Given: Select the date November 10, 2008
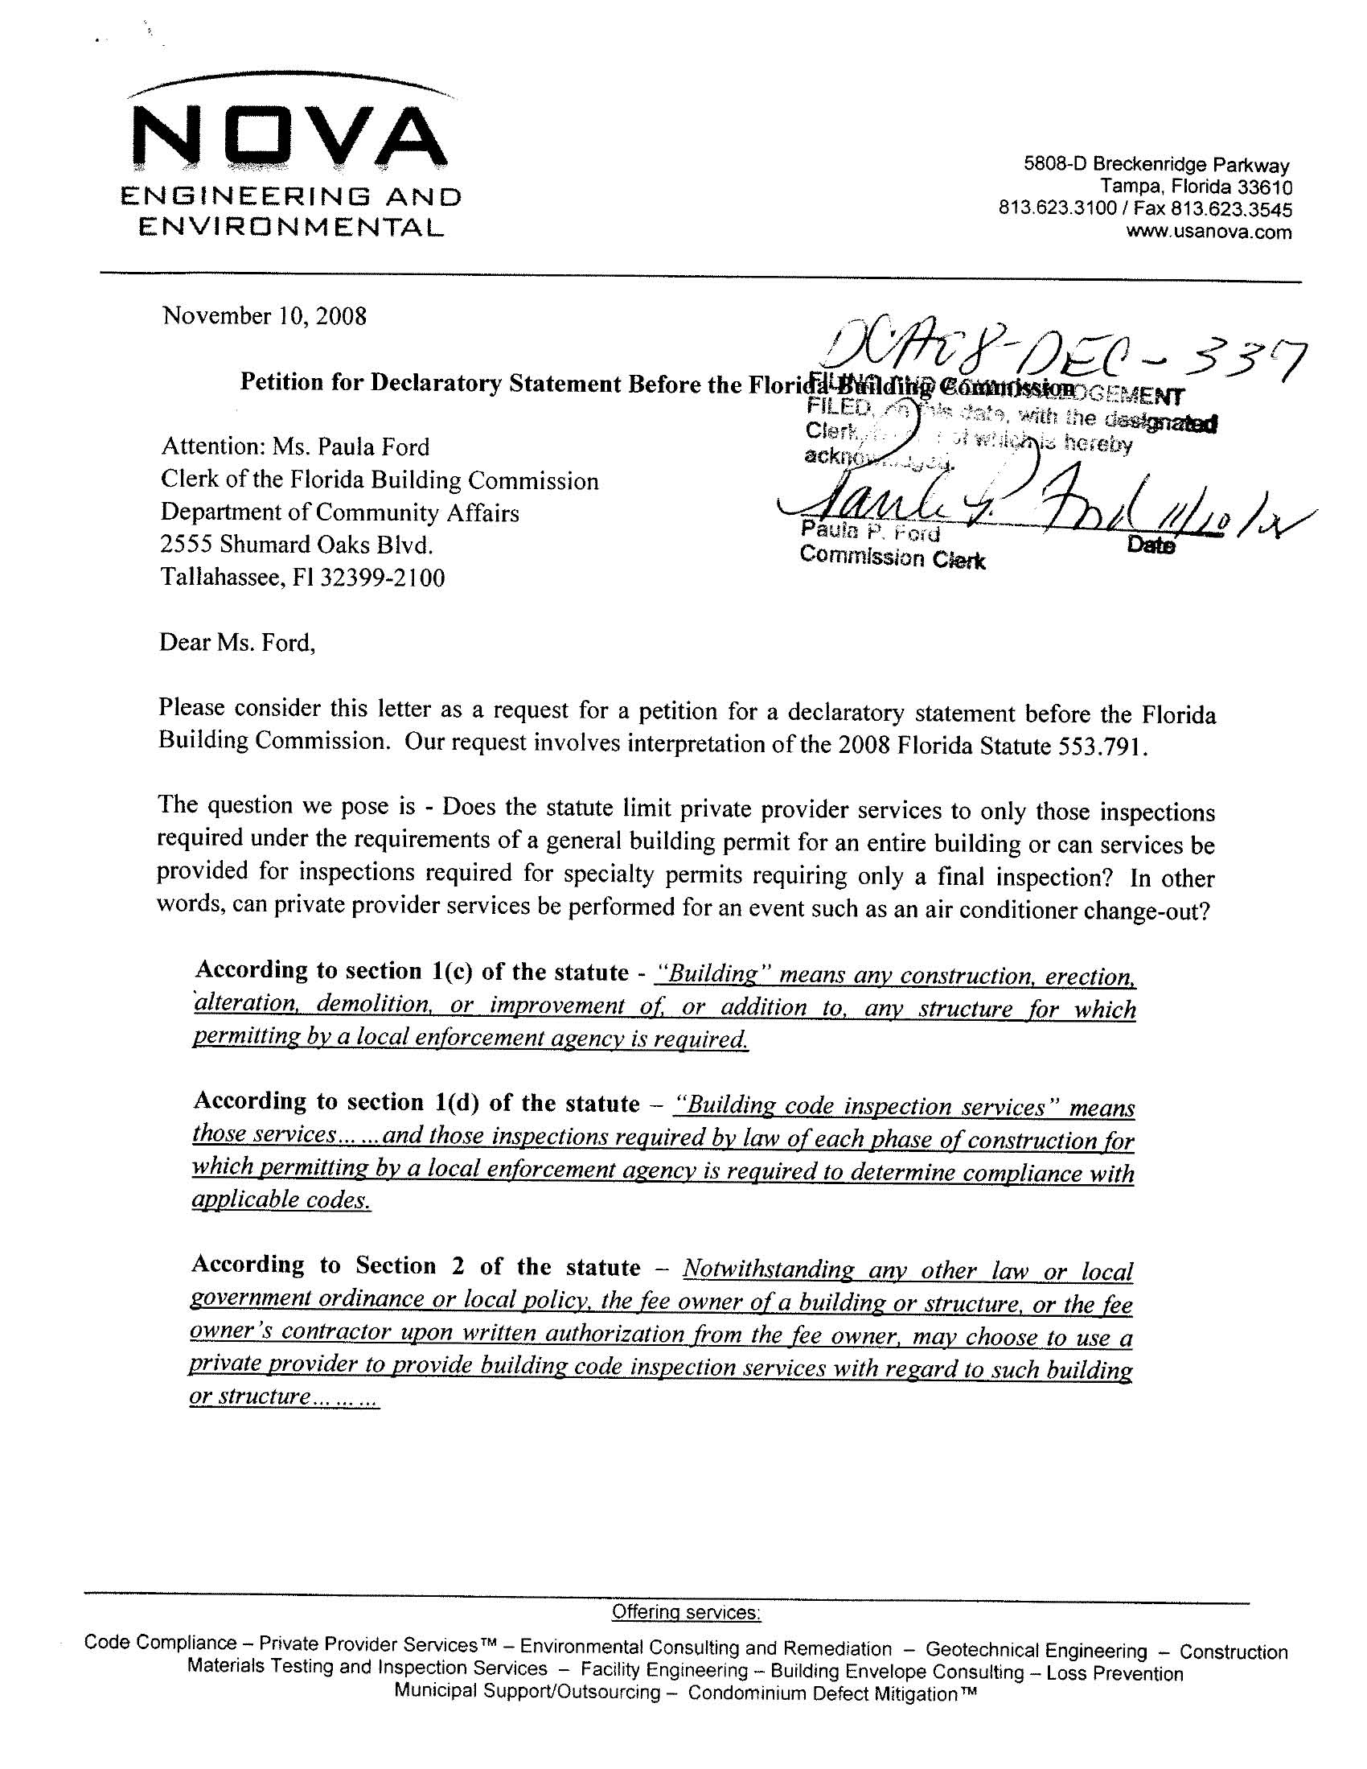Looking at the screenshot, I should [x=264, y=315].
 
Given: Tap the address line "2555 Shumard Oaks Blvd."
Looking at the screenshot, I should [x=297, y=545].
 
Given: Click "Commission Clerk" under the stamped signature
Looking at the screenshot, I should [x=892, y=558].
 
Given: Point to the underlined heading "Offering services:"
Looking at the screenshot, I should [x=686, y=1612].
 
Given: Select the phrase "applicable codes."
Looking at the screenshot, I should [x=281, y=1199].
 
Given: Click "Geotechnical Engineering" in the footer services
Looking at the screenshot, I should [x=1036, y=1650].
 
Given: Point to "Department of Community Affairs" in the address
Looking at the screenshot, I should [x=339, y=512].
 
